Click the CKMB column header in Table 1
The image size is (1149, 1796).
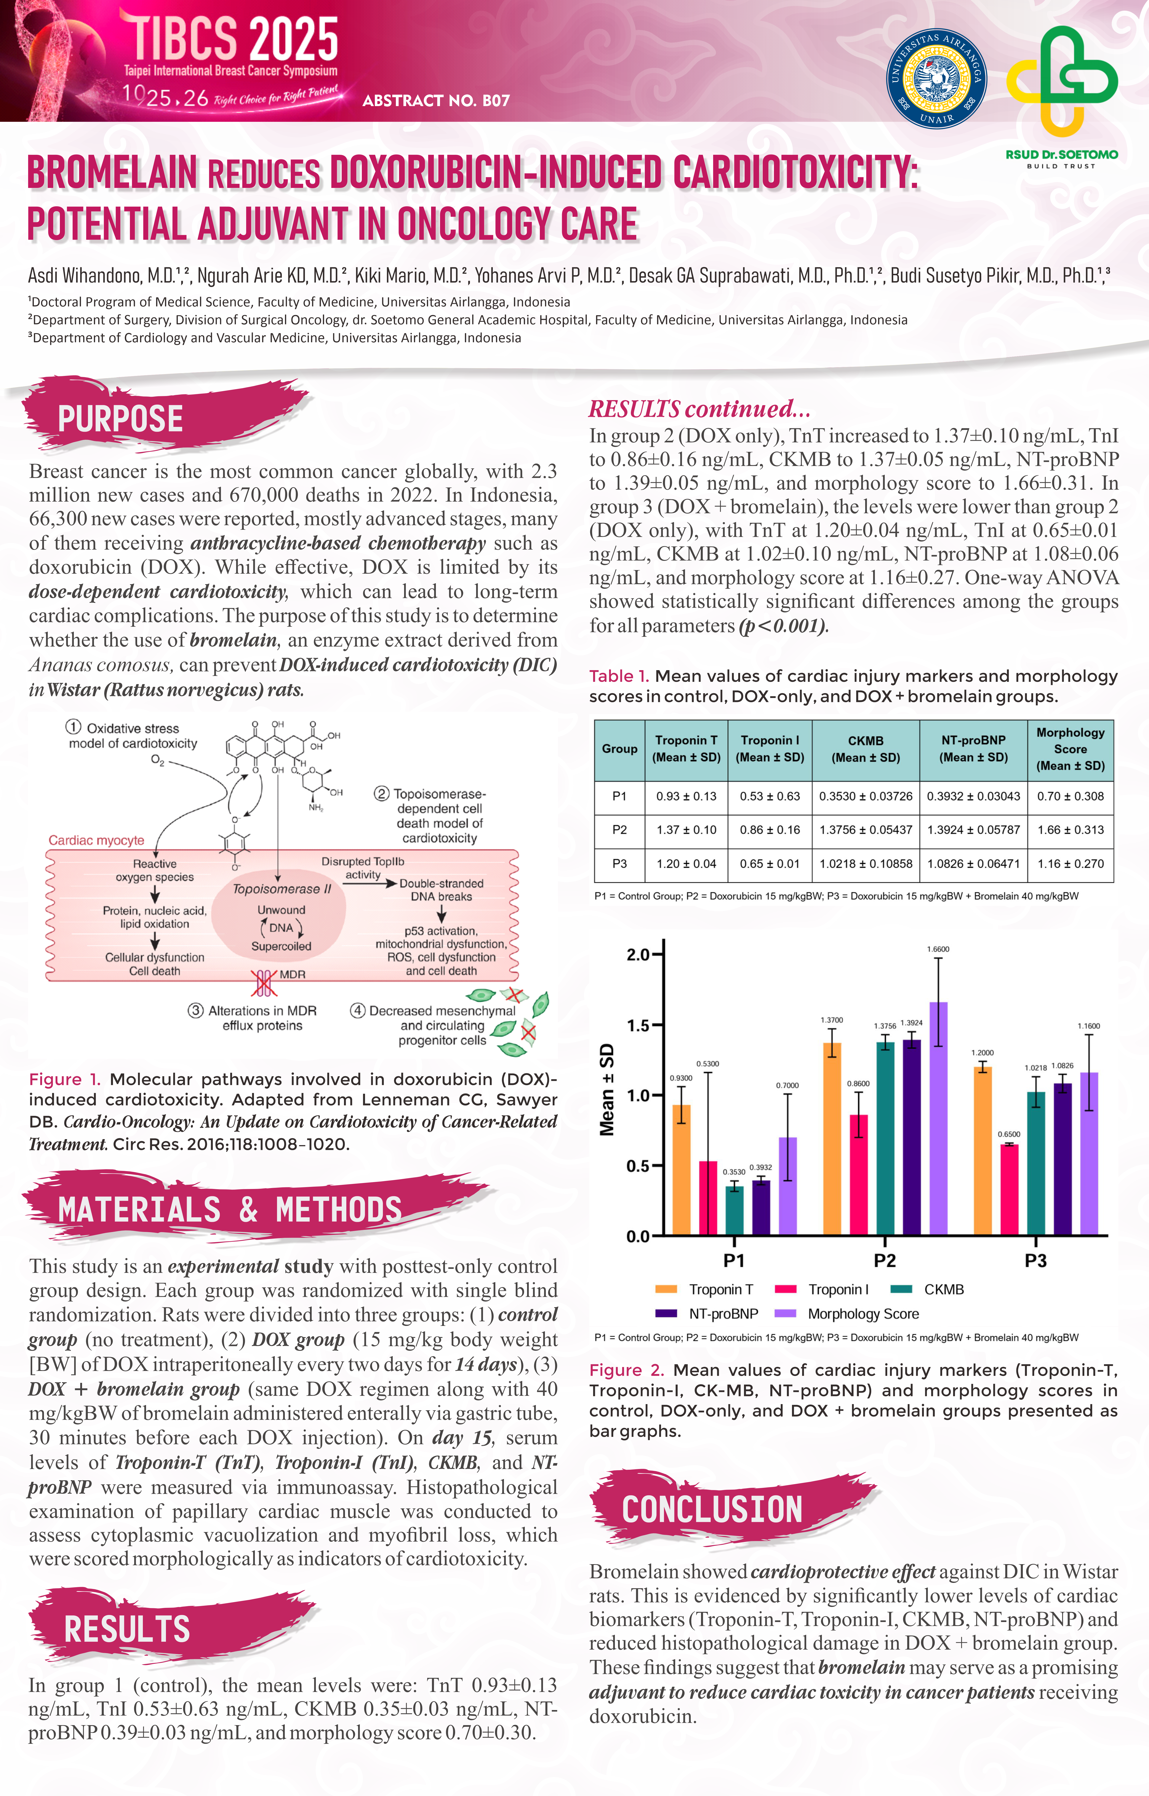click(x=866, y=748)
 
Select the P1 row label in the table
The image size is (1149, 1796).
click(x=619, y=796)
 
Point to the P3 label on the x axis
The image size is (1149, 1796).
click(x=1035, y=1261)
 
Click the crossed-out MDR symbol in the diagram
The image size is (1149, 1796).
click(x=263, y=983)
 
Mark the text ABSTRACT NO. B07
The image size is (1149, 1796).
click(x=436, y=101)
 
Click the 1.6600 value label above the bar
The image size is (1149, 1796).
click(x=938, y=949)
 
